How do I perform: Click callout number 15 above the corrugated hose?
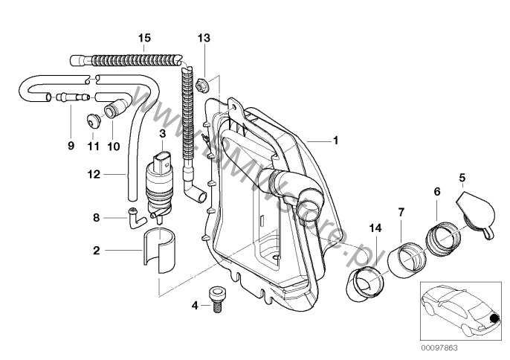[143, 37]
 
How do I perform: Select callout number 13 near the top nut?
[204, 37]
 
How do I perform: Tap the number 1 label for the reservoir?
[335, 139]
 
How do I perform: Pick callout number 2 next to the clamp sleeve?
[96, 251]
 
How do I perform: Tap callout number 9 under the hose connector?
[71, 146]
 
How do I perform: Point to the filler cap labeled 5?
[473, 214]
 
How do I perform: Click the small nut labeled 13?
[203, 79]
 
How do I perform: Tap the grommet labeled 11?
[93, 119]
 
